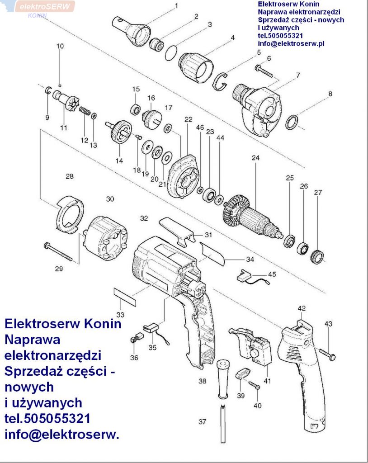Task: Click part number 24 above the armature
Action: pos(256,158)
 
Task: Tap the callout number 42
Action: pos(302,308)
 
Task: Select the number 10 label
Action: pos(60,46)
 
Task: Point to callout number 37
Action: pos(202,422)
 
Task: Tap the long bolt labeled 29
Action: pos(59,251)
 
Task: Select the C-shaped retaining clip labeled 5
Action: pos(222,80)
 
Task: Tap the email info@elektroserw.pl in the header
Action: pos(291,44)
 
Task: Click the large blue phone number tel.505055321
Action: pos(47,418)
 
